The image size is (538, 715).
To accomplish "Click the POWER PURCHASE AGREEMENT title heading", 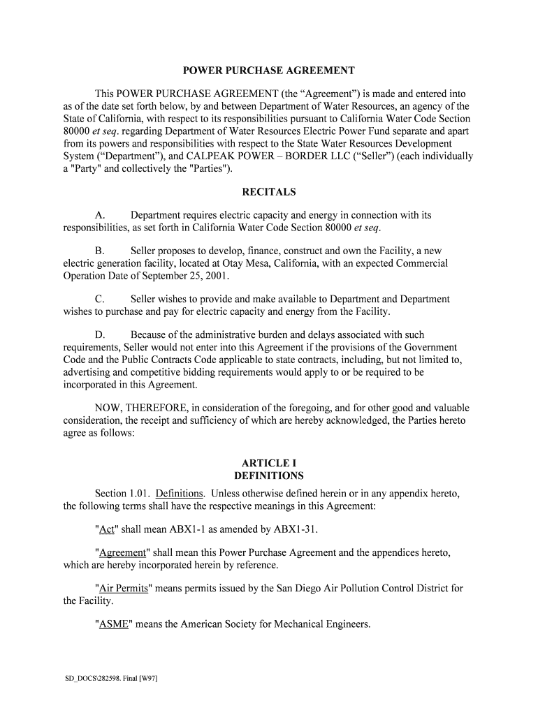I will coord(269,71).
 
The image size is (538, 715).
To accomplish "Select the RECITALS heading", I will coord(269,192).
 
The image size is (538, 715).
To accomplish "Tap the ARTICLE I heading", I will coord(269,463).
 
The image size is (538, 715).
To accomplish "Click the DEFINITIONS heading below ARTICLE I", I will coord(269,476).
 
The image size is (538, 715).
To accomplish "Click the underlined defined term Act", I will coord(107,529).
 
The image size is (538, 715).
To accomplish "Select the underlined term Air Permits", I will coord(124,589).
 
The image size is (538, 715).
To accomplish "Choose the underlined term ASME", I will coord(112,624).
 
